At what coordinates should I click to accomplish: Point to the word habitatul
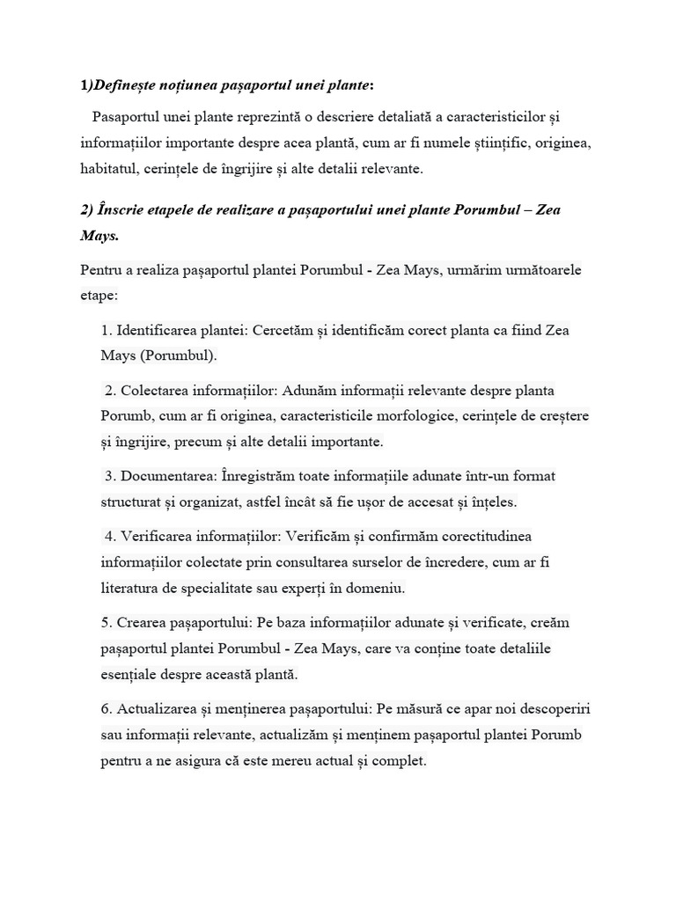(x=108, y=167)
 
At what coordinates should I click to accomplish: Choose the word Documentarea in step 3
(x=168, y=476)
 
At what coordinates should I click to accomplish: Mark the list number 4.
(x=109, y=536)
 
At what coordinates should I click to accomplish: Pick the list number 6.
(x=106, y=708)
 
